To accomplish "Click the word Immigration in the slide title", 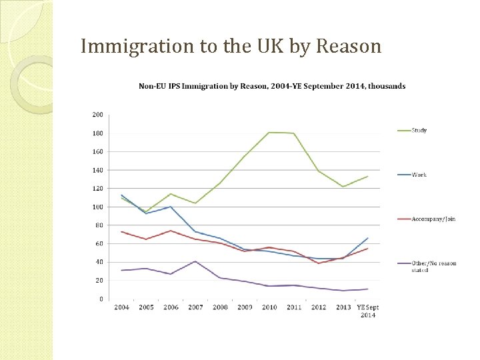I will coord(135,46).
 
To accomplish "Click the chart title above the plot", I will coord(271,86).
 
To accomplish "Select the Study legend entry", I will coord(419,130).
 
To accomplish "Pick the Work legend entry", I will coord(419,175).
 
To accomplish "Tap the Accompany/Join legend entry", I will coord(433,219).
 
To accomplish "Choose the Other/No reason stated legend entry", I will coord(433,266).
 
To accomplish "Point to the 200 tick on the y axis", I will coord(97,115).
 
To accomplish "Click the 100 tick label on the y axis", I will coord(97,207).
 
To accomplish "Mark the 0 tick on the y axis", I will coord(101,299).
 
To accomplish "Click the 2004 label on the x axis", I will coord(121,307).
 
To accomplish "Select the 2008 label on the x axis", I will coord(220,307).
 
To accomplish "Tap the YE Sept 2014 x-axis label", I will coord(367,311).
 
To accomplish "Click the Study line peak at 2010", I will coord(269,133).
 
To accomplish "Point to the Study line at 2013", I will coord(343,187).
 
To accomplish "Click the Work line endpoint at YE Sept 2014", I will coord(367,238).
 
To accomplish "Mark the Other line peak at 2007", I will coord(195,261).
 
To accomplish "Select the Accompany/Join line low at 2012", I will coord(318,263).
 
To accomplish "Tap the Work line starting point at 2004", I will coord(121,195).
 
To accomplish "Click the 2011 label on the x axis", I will coord(293,307).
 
